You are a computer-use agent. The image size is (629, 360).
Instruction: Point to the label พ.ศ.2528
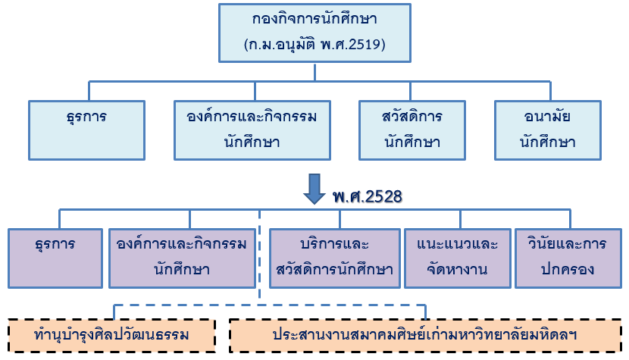coord(367,196)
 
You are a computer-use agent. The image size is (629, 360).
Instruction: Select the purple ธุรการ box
coord(55,258)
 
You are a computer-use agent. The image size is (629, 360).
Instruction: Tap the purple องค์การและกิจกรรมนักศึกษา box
coord(182,258)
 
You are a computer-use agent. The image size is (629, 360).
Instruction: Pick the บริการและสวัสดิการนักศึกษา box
coord(335,258)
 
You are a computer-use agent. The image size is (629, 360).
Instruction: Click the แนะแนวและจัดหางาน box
coord(457,258)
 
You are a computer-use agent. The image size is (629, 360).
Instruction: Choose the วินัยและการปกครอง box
coord(567,258)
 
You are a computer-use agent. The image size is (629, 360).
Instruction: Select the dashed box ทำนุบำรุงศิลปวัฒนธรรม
coord(112,334)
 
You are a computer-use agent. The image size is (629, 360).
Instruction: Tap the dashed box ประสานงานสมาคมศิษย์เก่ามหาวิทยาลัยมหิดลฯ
coord(426,334)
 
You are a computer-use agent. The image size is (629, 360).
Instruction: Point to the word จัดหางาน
coord(457,268)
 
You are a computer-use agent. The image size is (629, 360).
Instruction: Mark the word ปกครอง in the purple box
coord(567,268)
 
